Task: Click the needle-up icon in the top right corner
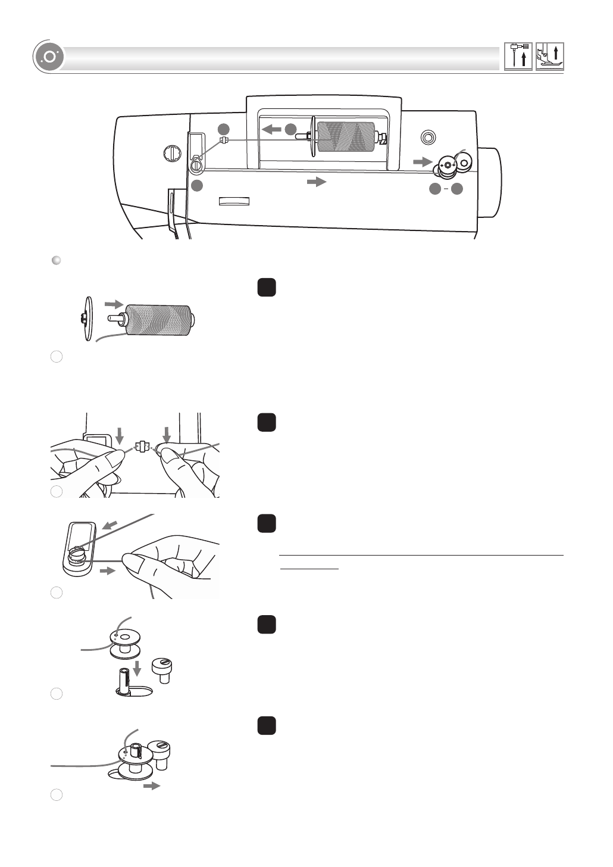[x=518, y=57]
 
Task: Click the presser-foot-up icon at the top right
[x=549, y=57]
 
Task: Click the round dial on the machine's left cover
[x=171, y=153]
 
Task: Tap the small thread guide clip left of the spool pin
[x=224, y=141]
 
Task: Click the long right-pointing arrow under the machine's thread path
[x=317, y=182]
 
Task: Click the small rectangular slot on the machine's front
[x=234, y=201]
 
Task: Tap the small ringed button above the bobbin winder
[x=426, y=138]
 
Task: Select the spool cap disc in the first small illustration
[x=87, y=319]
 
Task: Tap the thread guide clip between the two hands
[x=142, y=445]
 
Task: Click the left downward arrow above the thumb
[x=120, y=435]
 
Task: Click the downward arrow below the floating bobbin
[x=137, y=670]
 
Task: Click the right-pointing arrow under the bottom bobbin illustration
[x=152, y=786]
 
